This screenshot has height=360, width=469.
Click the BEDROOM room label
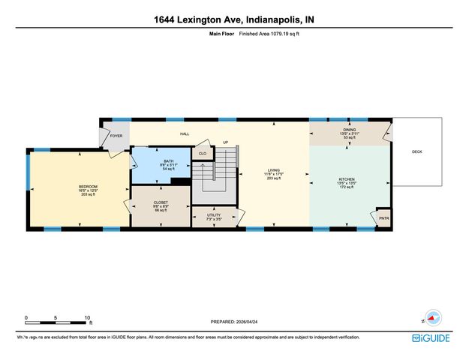[88, 187]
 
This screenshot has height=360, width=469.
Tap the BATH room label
[169, 161]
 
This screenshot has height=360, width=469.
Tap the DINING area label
[350, 130]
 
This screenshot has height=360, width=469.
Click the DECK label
[416, 151]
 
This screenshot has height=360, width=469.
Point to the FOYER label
[116, 136]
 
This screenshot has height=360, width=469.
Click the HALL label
[184, 133]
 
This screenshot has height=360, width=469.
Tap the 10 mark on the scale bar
[88, 318]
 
